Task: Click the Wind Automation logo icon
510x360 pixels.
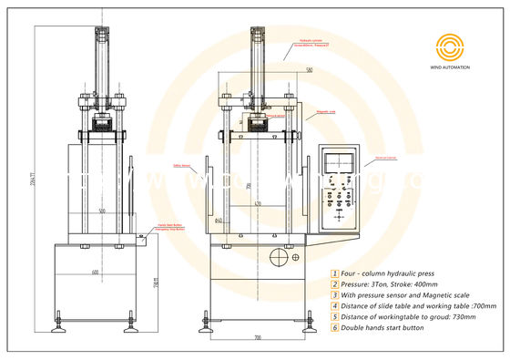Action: point(451,47)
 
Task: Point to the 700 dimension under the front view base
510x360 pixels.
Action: point(257,337)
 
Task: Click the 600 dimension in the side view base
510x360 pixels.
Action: point(95,273)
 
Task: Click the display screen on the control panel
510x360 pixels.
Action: point(342,165)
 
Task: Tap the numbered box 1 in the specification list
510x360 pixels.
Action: point(334,273)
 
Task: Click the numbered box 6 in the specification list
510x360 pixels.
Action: point(334,327)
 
